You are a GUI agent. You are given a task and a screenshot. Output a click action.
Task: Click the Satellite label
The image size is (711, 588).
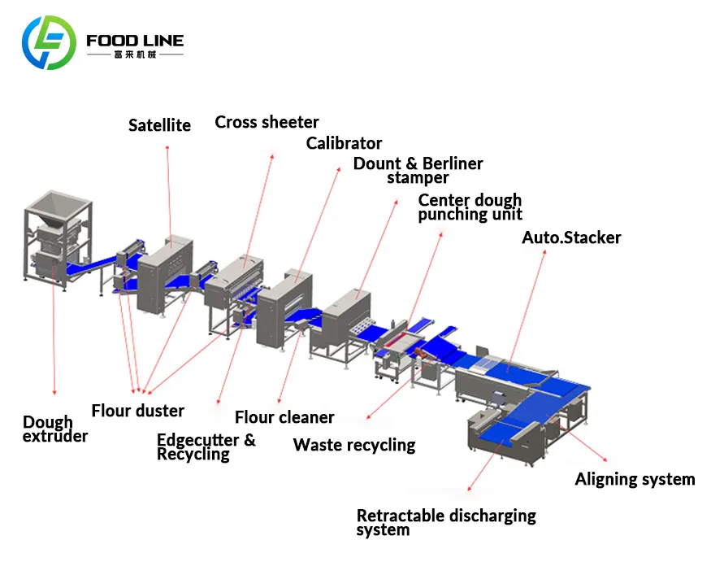point(159,125)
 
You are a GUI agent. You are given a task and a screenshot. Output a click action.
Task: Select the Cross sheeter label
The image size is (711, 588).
point(267,122)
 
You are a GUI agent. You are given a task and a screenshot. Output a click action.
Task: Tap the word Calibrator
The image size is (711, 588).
point(344,143)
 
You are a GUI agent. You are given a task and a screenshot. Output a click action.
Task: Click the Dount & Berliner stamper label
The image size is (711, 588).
point(418,171)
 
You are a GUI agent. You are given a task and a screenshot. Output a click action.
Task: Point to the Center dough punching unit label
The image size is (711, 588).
point(470,207)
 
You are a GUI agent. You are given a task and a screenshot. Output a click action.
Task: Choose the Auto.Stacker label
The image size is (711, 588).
point(571,237)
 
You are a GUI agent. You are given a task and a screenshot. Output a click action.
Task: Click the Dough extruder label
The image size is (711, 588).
point(55,429)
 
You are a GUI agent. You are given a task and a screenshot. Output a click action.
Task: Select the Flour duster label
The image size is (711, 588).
point(138,411)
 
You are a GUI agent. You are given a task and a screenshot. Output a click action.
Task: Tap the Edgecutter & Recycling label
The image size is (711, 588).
point(206,447)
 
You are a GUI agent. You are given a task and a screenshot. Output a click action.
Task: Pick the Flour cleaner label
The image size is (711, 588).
point(284,417)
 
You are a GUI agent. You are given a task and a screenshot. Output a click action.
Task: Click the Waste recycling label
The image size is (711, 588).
point(354,446)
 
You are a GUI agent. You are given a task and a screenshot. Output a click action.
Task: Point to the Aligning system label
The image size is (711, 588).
point(635,480)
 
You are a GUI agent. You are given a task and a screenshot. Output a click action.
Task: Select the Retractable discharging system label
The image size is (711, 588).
point(446,523)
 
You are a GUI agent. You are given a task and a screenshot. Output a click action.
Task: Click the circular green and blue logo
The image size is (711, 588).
point(49,42)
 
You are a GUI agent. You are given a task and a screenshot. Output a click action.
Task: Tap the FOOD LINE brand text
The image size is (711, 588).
point(135,41)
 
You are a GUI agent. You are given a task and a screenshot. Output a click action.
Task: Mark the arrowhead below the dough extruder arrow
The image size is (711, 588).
point(54,392)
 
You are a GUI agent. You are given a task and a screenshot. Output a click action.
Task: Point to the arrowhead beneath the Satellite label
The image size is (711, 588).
point(167,148)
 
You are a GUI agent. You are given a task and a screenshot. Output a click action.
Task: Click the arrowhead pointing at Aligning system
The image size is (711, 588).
point(605,460)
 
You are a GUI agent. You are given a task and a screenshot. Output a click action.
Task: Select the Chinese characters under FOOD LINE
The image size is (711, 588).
point(135,55)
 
